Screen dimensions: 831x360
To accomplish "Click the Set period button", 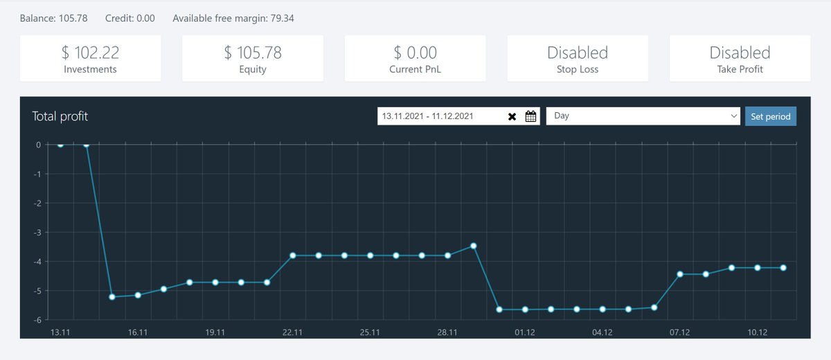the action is [771, 116].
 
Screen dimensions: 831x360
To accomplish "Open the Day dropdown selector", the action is [643, 116].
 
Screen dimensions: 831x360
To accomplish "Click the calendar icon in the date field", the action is [530, 116].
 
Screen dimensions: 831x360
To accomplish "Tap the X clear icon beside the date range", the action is [512, 117].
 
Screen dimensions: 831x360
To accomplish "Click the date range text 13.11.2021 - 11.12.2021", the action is [427, 116].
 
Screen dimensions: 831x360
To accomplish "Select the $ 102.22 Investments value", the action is [90, 53].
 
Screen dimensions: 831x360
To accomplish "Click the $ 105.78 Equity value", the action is [253, 53].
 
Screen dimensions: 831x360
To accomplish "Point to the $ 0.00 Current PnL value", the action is [415, 53].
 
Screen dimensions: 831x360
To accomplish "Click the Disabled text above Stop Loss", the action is [578, 53].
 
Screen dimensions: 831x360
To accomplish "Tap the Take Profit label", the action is [740, 69].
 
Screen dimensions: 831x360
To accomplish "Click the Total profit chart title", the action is [60, 116].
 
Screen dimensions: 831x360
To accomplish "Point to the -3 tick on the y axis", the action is [37, 233].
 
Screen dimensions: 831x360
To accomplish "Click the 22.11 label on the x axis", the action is [292, 332].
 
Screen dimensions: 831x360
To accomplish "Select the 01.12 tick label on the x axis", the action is [525, 332].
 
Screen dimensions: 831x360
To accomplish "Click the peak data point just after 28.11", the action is [474, 246].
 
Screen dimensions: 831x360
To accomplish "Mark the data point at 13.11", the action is [60, 145].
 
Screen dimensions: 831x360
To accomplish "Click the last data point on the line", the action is [783, 268].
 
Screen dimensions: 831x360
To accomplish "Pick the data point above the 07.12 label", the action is [680, 274].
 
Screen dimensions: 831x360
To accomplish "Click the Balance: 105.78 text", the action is [54, 18].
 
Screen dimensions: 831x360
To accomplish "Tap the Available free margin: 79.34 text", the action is [233, 18].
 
